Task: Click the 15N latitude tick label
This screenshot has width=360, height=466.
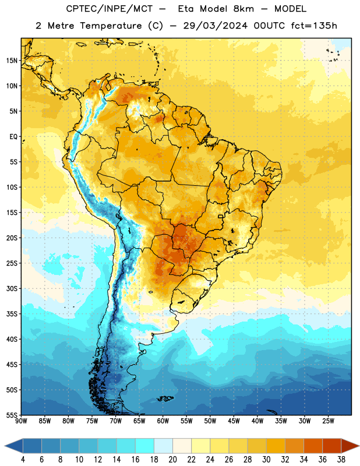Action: [12, 61]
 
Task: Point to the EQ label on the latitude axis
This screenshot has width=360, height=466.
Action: [13, 137]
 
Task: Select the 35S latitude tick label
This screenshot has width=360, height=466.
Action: [12, 314]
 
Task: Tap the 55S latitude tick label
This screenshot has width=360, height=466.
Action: [12, 415]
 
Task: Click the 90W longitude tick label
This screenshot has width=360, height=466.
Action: [21, 421]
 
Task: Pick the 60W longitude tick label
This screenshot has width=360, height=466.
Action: [163, 421]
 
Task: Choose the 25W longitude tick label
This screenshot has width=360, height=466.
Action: [328, 421]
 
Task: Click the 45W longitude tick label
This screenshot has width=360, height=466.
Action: [234, 421]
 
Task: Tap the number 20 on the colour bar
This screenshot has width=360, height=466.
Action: [172, 460]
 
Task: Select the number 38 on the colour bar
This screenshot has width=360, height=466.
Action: [341, 460]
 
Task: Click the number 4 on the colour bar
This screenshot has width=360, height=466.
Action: [23, 460]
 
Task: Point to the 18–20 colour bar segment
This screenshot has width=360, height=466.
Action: [164, 446]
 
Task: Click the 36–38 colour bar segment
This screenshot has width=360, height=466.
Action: [332, 446]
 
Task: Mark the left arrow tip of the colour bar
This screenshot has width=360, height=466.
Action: [5, 446]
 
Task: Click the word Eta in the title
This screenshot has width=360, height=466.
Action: [185, 9]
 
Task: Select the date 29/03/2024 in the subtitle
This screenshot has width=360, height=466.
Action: [216, 26]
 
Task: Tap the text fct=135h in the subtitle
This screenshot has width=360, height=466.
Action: [314, 26]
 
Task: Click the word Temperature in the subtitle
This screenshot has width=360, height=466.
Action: [111, 26]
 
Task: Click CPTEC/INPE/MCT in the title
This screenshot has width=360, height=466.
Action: [110, 9]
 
